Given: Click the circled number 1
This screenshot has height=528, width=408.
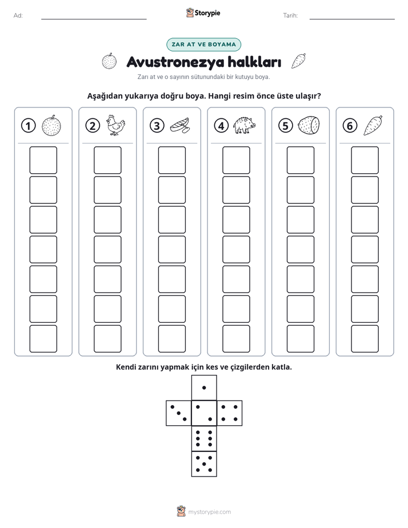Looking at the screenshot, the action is [28, 126].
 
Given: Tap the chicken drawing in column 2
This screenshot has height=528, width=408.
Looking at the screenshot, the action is [115, 125].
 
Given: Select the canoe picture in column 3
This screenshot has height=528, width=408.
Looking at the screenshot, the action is [180, 126].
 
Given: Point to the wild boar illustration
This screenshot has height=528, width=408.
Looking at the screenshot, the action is [245, 125].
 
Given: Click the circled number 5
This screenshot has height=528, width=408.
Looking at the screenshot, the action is [286, 126].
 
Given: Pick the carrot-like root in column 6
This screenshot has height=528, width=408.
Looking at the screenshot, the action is [373, 126].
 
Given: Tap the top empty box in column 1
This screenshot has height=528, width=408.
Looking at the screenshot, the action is [43, 160].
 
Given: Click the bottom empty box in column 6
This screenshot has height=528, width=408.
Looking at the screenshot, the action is [365, 339].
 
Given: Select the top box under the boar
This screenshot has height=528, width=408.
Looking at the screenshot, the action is [236, 160].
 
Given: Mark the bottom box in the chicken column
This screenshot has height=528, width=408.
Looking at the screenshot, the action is [107, 339].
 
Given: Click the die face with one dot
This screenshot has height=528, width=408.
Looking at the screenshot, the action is [204, 387].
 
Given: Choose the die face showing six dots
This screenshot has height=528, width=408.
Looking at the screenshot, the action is [204, 438].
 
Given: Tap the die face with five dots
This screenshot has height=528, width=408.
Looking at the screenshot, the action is [204, 464].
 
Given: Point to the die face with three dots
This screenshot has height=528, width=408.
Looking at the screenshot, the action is [179, 413].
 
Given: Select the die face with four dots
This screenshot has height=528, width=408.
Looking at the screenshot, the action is [230, 413].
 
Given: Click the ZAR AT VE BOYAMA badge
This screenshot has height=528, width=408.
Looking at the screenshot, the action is [203, 45].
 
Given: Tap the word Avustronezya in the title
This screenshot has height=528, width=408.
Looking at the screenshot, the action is [175, 62].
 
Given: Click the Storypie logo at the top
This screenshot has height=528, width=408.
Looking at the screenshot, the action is [203, 13].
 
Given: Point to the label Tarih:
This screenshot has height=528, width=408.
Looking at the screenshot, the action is [290, 15].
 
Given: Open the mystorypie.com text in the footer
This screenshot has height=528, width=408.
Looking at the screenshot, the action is [209, 512].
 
